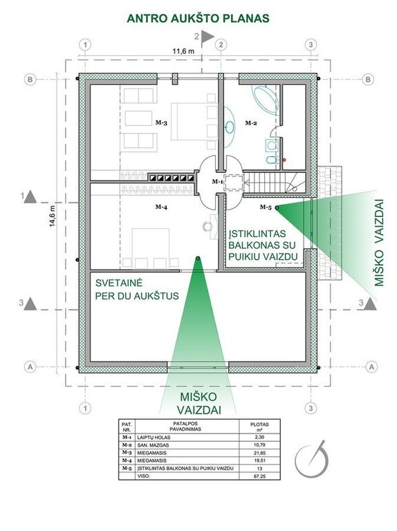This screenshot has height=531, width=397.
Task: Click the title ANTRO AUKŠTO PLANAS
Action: pyautogui.click(x=198, y=18)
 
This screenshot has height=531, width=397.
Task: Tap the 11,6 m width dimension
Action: pyautogui.click(x=183, y=51)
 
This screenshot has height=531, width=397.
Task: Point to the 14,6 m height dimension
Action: pyautogui.click(x=52, y=216)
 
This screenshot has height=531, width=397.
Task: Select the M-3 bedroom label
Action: pyautogui.click(x=161, y=122)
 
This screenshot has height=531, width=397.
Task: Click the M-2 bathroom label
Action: pyautogui.click(x=251, y=123)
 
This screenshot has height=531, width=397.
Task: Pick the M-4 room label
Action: pyautogui.click(x=161, y=207)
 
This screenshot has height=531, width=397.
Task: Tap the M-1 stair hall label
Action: pyautogui.click(x=217, y=182)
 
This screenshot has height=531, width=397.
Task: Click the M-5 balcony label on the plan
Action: pyautogui.click(x=266, y=207)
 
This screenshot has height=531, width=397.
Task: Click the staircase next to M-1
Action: pyautogui.click(x=275, y=183)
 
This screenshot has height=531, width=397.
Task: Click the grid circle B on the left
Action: pyautogui.click(x=30, y=80)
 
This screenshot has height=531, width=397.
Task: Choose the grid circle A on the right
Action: pyautogui.click(x=372, y=366)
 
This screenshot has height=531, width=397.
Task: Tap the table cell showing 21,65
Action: pyautogui.click(x=259, y=453)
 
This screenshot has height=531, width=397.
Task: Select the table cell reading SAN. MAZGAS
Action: pyautogui.click(x=153, y=445)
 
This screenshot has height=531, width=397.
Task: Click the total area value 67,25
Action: pyautogui.click(x=259, y=476)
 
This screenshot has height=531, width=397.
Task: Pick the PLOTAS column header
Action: pyautogui.click(x=259, y=426)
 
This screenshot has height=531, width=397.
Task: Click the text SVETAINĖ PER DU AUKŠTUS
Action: pyautogui.click(x=136, y=290)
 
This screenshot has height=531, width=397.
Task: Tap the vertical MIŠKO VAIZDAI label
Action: pyautogui.click(x=379, y=243)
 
